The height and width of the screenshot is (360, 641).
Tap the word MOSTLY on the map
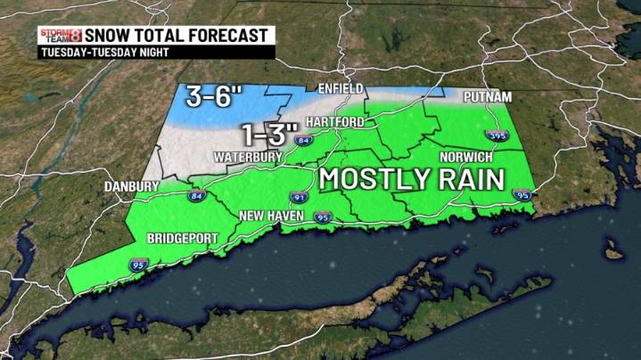click(x=374, y=178)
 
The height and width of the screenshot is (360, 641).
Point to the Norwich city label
click(x=464, y=157)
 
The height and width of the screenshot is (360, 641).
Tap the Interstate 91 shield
click(x=297, y=196)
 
